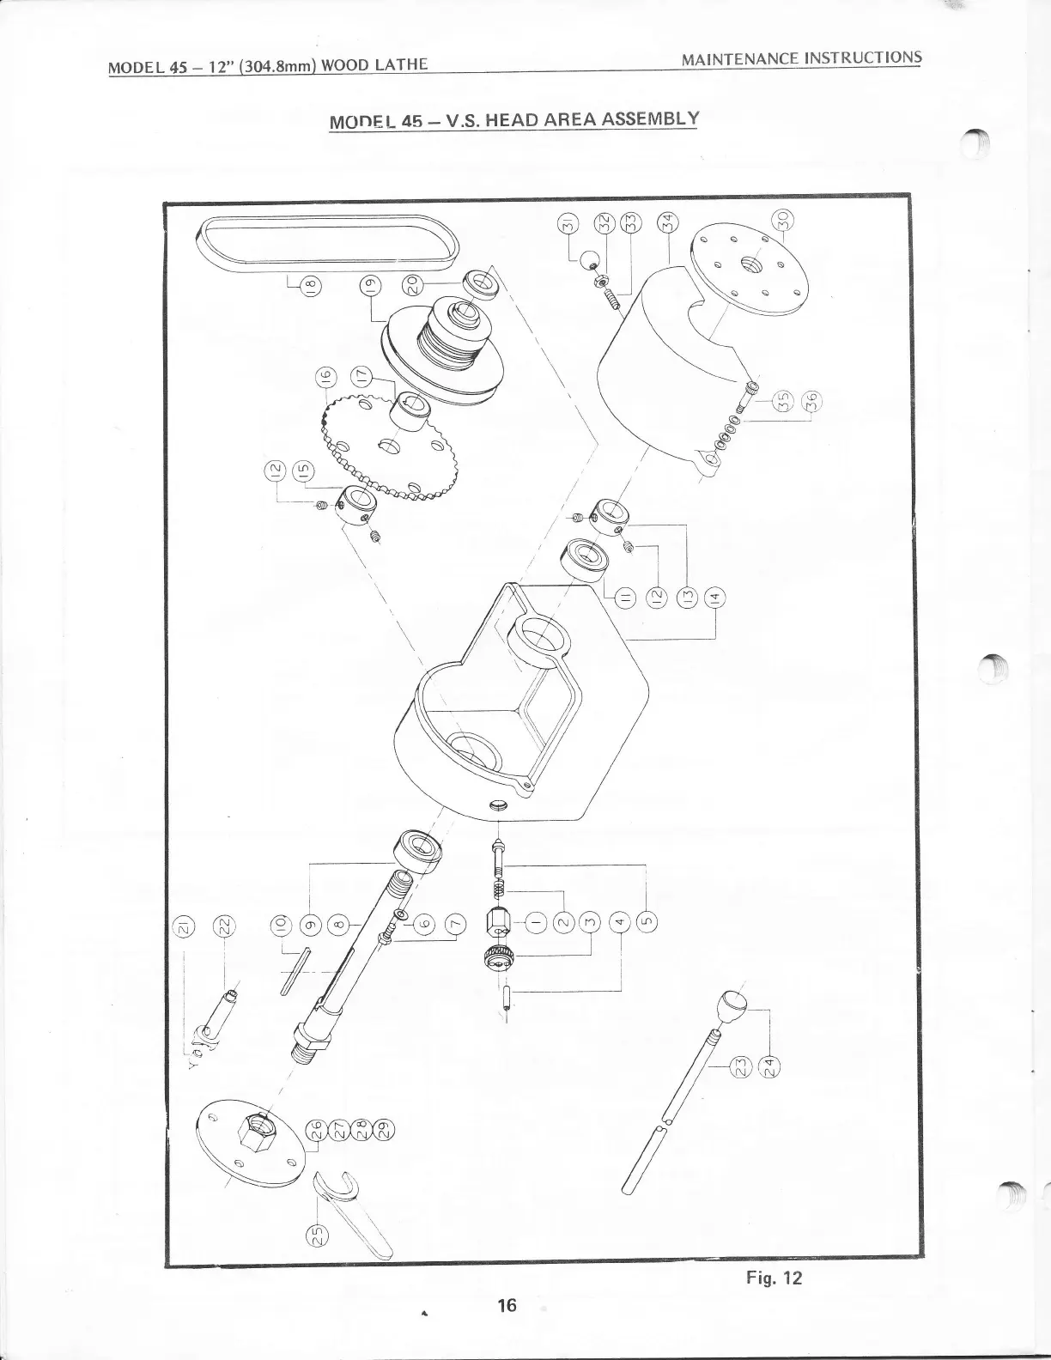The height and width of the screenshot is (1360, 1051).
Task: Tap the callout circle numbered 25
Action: [316, 1234]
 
